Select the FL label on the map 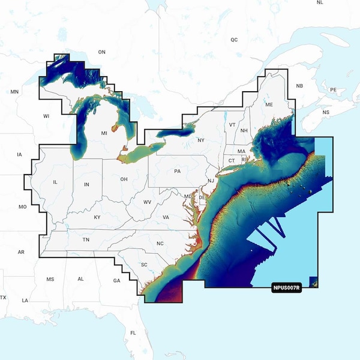coord(133,332)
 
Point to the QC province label coord(234,40)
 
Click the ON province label coord(101,52)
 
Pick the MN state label coord(15,92)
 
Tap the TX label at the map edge coord(3,298)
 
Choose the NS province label coord(326,112)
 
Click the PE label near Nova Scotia coord(333,89)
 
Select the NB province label coord(300,86)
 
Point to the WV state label coord(147,202)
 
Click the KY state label coord(97,217)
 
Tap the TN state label coord(86,240)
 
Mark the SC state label coord(144,265)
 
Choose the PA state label coord(178,172)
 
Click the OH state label coord(124,179)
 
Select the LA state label coord(25,300)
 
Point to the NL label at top coord(320,3)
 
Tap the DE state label coord(202,197)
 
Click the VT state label coord(232,124)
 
